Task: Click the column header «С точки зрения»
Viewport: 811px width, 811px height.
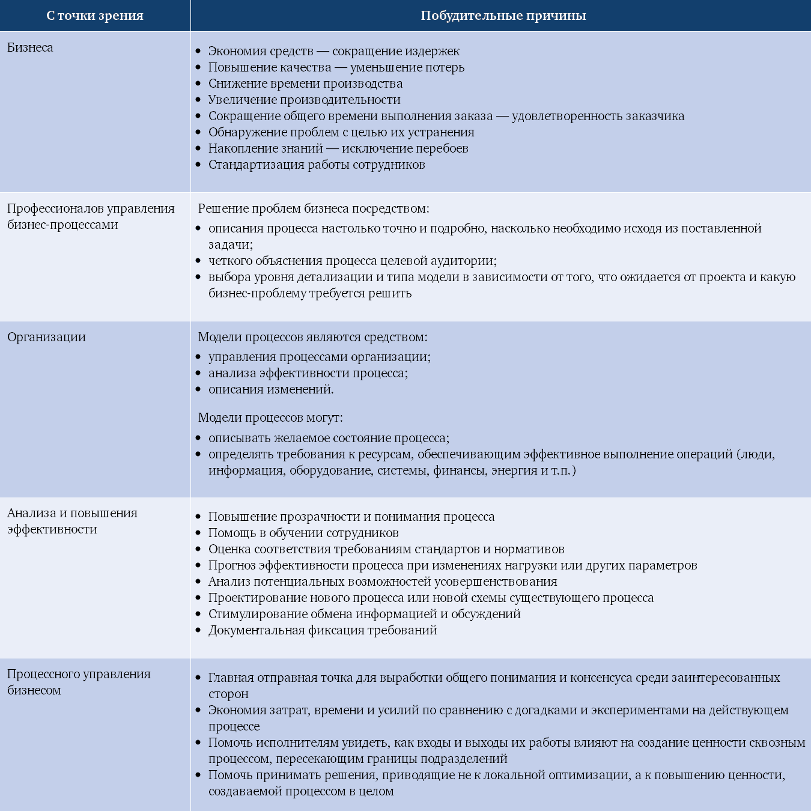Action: [95, 16]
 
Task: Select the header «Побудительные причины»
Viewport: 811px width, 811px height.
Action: [503, 16]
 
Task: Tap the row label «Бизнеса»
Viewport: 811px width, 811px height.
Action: [30, 47]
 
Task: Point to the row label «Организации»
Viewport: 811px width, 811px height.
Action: [46, 337]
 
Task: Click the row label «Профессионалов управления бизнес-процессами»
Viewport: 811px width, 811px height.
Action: [90, 216]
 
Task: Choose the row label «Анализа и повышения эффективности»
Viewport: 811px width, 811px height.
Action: [72, 521]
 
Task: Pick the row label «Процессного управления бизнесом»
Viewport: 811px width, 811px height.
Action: [78, 682]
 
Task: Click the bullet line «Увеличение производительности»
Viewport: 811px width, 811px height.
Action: [304, 100]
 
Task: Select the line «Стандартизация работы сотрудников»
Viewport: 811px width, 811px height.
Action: [317, 165]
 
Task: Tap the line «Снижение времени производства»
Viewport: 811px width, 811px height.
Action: [305, 84]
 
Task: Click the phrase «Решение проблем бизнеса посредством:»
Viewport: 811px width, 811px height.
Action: [314, 208]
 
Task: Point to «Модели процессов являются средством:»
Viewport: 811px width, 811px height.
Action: [312, 337]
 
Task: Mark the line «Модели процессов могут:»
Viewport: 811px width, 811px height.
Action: [270, 418]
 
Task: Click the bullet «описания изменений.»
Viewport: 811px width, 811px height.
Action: [271, 389]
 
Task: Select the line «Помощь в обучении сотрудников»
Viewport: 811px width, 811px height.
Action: [303, 533]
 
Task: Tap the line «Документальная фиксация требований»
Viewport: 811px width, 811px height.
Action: [323, 630]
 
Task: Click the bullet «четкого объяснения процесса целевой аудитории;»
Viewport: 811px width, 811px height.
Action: [353, 261]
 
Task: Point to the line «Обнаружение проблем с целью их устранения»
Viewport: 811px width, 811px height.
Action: [341, 132]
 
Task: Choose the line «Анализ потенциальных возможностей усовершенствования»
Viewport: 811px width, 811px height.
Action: [383, 582]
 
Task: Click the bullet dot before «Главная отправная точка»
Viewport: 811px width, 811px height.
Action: [198, 678]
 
